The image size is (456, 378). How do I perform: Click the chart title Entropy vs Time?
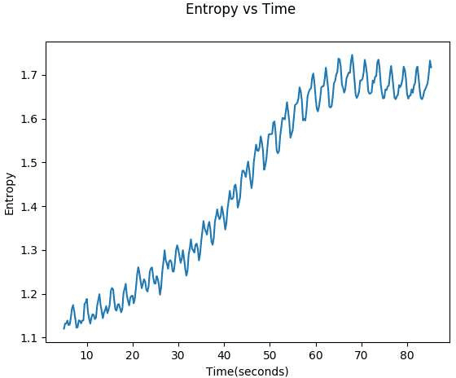click(x=240, y=10)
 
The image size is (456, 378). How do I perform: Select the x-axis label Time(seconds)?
click(x=248, y=371)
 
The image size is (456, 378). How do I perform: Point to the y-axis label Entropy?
click(x=10, y=193)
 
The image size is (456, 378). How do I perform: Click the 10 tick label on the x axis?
click(x=86, y=355)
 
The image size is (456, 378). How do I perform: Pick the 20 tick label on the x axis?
click(x=133, y=355)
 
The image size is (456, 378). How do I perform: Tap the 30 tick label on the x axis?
click(x=178, y=355)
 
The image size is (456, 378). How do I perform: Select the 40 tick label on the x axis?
click(x=224, y=355)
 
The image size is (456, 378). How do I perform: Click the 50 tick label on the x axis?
click(x=270, y=355)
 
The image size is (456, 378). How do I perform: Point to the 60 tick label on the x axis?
click(x=316, y=355)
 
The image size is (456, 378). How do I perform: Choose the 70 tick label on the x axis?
click(x=362, y=355)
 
